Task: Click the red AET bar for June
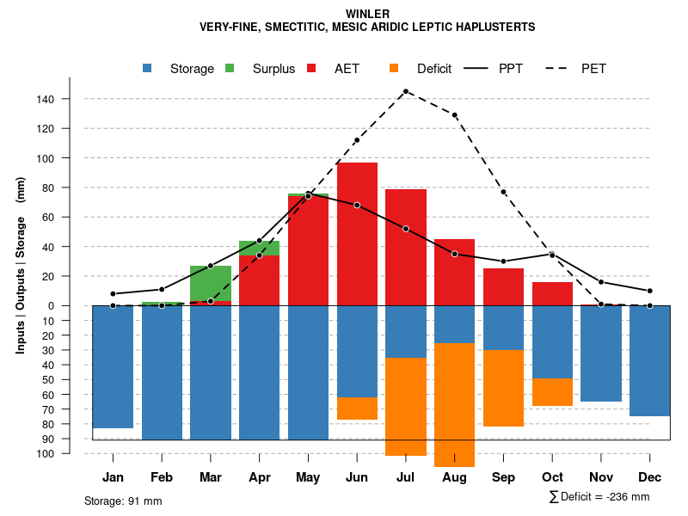click(x=357, y=232)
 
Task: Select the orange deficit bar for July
click(x=406, y=406)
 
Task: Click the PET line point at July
click(x=405, y=91)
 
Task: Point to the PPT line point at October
click(x=552, y=255)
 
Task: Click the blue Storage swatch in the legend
click(x=148, y=68)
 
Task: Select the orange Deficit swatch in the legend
click(x=394, y=68)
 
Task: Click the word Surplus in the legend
click(x=273, y=69)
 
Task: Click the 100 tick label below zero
click(x=46, y=453)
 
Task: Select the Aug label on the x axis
click(x=454, y=477)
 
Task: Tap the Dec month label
click(x=649, y=477)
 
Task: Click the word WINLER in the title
click(x=367, y=14)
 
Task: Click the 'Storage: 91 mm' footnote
click(x=123, y=501)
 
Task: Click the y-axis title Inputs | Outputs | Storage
click(x=21, y=265)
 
